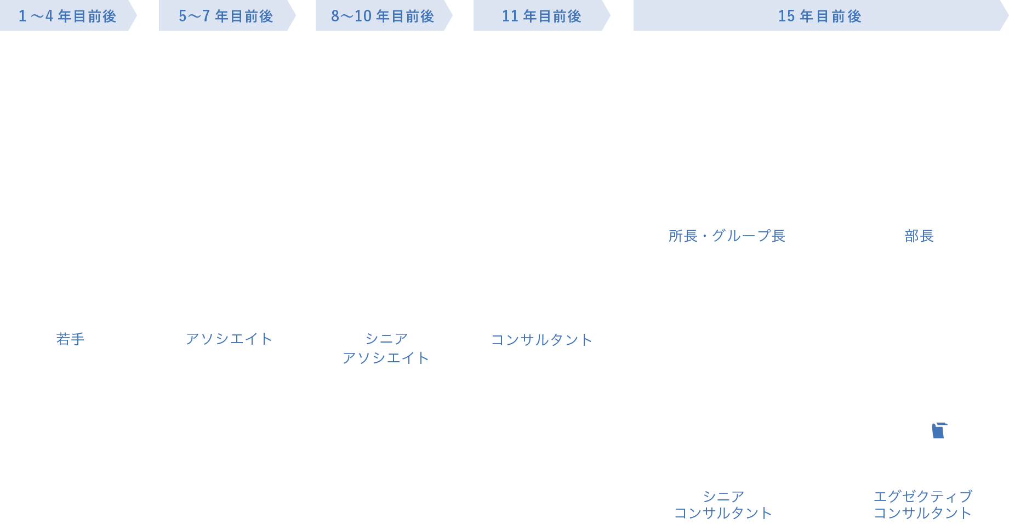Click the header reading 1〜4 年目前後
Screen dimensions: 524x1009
(x=67, y=16)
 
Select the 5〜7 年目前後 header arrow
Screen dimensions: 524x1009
(x=226, y=16)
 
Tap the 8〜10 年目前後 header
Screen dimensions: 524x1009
(x=383, y=16)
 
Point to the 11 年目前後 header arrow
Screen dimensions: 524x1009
(x=541, y=16)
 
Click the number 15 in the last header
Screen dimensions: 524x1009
(x=786, y=16)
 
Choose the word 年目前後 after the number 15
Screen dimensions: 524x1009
(x=830, y=16)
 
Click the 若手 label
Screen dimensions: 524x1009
(x=70, y=339)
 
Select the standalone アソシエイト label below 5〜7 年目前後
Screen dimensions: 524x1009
(x=229, y=339)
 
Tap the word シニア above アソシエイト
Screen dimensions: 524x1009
(x=386, y=339)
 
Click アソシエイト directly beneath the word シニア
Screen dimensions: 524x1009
(x=385, y=358)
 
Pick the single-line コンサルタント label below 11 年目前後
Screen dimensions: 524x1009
(x=541, y=340)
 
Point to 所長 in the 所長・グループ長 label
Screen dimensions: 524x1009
(x=683, y=236)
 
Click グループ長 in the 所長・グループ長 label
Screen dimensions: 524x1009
(x=748, y=236)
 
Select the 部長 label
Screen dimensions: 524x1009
(x=919, y=236)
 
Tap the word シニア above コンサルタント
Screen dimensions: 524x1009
(x=723, y=497)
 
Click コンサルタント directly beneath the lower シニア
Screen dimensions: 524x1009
(x=723, y=513)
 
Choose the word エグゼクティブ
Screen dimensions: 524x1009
(x=923, y=497)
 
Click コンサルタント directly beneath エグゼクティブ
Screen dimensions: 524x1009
(x=922, y=513)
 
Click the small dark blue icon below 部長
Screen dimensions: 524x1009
(x=939, y=430)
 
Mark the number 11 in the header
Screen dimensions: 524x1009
(x=510, y=16)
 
